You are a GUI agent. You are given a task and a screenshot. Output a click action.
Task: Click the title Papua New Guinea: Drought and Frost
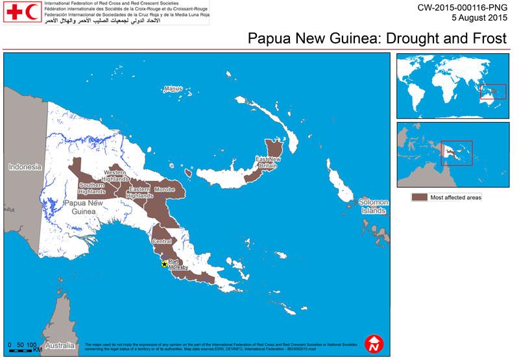[x=377, y=38]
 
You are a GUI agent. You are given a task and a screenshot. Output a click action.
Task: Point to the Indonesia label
[x=25, y=167]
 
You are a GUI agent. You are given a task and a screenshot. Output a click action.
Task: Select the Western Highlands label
[x=119, y=175]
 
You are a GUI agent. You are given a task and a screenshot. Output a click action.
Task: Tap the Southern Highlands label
[x=92, y=188]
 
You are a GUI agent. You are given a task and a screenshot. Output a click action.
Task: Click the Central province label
[x=162, y=241]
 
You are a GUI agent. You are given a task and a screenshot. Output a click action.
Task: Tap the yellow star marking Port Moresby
[x=164, y=263]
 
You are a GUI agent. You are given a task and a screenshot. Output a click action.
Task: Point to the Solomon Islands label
[x=373, y=206]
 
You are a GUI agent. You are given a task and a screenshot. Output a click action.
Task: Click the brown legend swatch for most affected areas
[x=420, y=197]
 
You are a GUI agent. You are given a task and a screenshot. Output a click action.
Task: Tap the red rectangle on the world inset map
[x=493, y=92]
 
